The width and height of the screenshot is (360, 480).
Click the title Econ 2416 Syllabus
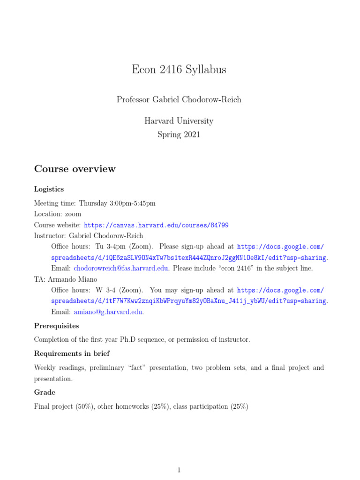(x=179, y=70)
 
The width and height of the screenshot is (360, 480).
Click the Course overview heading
(x=75, y=169)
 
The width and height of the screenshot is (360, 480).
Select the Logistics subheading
(x=49, y=189)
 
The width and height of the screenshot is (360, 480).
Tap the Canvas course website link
(x=156, y=225)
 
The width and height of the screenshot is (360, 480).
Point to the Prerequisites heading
(x=56, y=325)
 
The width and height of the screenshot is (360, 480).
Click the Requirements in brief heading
(x=72, y=353)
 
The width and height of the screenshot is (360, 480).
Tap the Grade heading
(x=45, y=392)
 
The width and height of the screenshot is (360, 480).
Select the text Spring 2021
(x=179, y=135)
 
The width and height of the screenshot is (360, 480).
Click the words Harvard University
(x=179, y=121)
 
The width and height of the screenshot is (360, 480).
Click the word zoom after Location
(x=73, y=214)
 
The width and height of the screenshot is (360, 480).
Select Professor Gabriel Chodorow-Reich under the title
(x=179, y=99)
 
